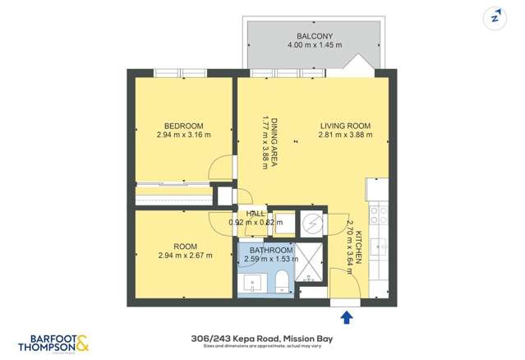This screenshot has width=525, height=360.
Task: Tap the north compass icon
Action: pyautogui.click(x=495, y=18)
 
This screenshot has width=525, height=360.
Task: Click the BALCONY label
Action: pyautogui.click(x=314, y=35)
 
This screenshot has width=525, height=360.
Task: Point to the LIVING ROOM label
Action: pyautogui.click(x=345, y=127)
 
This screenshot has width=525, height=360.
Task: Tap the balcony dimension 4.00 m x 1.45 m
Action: pyautogui.click(x=314, y=46)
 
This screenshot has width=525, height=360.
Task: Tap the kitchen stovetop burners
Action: pyautogui.click(x=379, y=215)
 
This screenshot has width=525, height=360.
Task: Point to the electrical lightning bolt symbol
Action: pyautogui.click(x=311, y=223)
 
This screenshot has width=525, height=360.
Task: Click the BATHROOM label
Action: pyautogui.click(x=272, y=251)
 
